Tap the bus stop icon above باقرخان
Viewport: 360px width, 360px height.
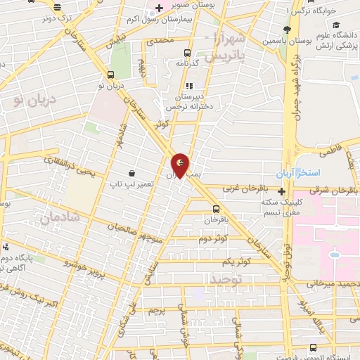[216, 208]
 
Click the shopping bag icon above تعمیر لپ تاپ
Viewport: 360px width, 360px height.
[131, 172]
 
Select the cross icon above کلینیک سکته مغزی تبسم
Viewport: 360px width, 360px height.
[282, 191]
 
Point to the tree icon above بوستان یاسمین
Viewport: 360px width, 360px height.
[287, 29]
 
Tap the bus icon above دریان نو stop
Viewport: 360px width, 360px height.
[110, 75]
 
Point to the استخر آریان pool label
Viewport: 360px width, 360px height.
[299, 172]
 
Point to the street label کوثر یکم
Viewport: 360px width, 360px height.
[234, 262]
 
